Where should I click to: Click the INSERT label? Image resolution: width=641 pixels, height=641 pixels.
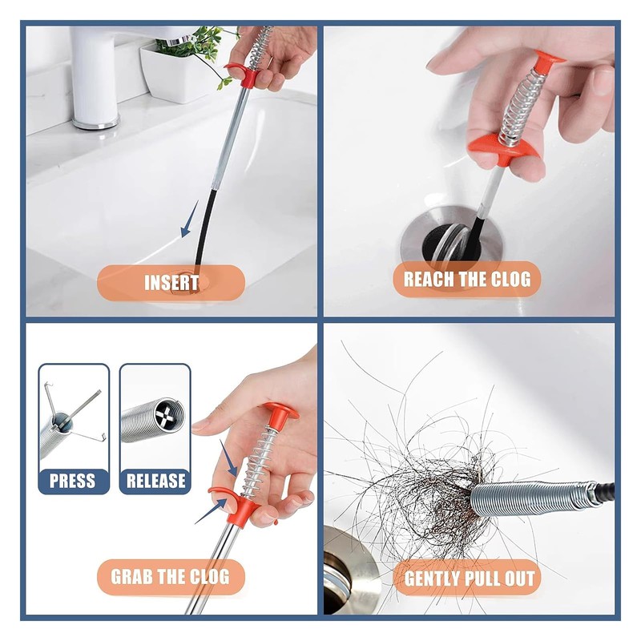pyautogui.click(x=171, y=283)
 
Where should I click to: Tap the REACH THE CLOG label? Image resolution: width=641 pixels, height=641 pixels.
pyautogui.click(x=467, y=279)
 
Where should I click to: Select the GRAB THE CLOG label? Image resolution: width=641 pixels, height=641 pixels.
pyautogui.click(x=170, y=577)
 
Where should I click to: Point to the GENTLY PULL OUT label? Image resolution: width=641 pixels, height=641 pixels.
pyautogui.click(x=470, y=579)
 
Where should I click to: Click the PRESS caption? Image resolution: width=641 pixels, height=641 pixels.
pyautogui.click(x=72, y=481)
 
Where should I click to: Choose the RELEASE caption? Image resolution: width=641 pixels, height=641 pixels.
pyautogui.click(x=155, y=481)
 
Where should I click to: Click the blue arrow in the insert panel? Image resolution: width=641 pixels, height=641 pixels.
pyautogui.click(x=189, y=219)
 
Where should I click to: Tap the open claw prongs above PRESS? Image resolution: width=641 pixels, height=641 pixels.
pyautogui.click(x=75, y=413)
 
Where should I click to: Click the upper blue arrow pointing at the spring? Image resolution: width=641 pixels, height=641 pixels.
pyautogui.click(x=228, y=458)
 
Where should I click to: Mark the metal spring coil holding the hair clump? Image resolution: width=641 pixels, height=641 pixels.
pyautogui.click(x=530, y=498)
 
